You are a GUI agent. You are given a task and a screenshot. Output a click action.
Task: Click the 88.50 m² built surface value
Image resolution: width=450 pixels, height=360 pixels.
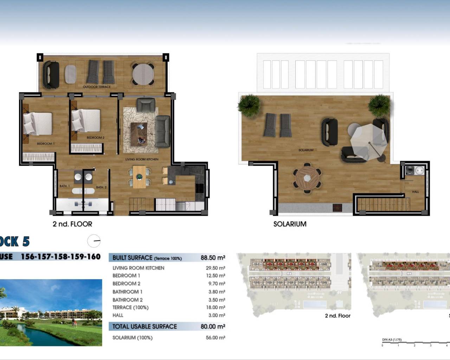(213, 258)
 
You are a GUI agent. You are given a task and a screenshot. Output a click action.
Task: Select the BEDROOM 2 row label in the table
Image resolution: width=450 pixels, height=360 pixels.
(126, 284)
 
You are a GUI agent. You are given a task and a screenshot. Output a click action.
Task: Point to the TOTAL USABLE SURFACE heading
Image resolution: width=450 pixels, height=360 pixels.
(144, 327)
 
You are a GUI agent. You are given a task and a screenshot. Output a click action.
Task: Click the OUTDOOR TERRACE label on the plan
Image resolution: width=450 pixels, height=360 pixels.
(97, 87)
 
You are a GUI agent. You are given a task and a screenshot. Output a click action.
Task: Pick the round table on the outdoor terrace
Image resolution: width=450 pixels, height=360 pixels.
(143, 74)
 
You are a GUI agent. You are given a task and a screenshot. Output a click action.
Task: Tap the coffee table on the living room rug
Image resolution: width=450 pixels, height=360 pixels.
(139, 134)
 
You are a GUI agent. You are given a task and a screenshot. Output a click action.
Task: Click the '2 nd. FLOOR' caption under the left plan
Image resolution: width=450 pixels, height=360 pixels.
(72, 224)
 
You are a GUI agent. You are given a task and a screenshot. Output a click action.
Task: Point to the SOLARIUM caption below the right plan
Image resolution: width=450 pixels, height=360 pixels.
(290, 224)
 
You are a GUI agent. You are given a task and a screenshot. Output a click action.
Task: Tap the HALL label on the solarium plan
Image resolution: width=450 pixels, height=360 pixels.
(415, 192)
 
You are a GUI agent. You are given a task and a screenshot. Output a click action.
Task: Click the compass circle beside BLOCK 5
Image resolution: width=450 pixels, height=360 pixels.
(94, 241)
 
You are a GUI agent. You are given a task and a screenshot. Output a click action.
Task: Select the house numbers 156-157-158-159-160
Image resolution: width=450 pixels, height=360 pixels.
(61, 257)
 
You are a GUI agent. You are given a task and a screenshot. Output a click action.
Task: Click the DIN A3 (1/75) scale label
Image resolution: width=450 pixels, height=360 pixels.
(392, 340)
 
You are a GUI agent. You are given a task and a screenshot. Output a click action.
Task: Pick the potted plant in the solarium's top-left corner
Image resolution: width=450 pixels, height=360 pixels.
(249, 104)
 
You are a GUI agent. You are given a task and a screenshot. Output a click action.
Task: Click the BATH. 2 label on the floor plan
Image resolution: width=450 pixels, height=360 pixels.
(101, 187)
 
